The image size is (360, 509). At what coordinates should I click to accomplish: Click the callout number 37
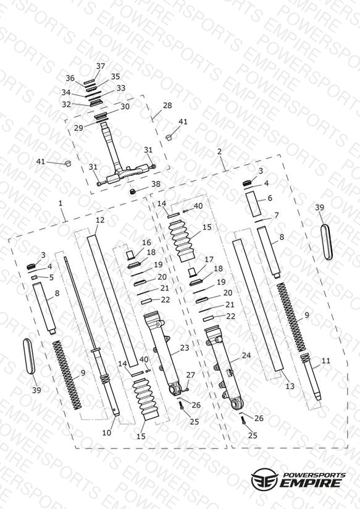(x=101, y=66)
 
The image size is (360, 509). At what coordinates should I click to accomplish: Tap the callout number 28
(x=167, y=106)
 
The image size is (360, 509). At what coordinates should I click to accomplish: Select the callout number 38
(x=156, y=184)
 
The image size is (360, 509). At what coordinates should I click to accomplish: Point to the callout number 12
(x=100, y=220)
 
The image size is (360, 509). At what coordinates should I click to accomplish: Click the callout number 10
(x=107, y=432)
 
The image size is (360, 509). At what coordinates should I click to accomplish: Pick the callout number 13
(x=290, y=386)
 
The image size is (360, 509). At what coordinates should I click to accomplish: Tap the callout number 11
(x=326, y=361)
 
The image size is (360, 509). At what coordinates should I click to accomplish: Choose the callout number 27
(x=191, y=375)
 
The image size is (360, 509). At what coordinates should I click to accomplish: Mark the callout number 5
(x=51, y=277)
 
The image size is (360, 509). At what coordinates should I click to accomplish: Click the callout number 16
(x=146, y=243)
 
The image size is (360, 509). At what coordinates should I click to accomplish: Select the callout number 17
(x=209, y=259)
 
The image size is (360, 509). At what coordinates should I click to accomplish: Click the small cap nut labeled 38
(x=132, y=191)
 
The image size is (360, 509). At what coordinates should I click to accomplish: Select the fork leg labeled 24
(x=224, y=368)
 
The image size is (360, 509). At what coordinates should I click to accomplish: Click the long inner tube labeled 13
(x=258, y=305)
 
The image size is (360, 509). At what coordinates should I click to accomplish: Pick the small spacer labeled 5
(x=35, y=277)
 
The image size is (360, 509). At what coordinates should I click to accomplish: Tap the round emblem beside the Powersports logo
(x=264, y=479)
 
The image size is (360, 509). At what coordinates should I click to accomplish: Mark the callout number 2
(x=220, y=151)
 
